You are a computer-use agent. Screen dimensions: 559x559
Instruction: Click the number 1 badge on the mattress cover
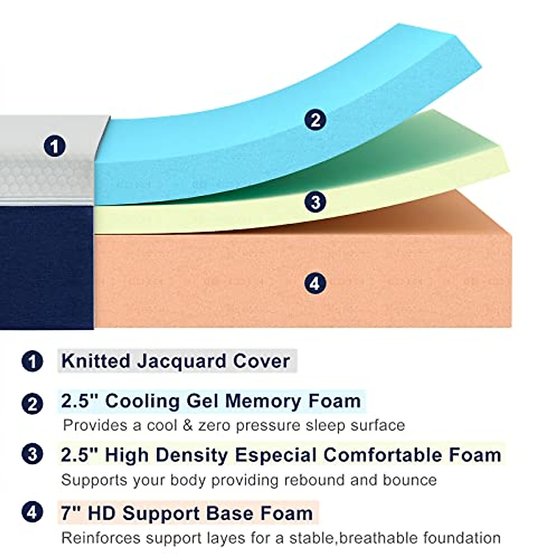[x=55, y=146]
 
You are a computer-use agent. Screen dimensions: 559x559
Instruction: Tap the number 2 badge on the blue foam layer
[x=315, y=120]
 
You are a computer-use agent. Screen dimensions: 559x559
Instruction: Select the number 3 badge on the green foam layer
[x=315, y=202]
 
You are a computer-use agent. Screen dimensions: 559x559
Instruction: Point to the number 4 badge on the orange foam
[x=315, y=283]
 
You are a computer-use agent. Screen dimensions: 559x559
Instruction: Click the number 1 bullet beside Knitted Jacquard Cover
[x=32, y=361]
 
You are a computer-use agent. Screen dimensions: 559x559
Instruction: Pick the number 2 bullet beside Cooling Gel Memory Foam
[x=32, y=403]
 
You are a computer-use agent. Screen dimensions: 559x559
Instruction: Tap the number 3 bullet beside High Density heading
[x=32, y=454]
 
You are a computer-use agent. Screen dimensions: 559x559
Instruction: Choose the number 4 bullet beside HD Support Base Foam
[x=32, y=513]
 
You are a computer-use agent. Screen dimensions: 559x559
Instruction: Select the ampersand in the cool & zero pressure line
[x=187, y=425]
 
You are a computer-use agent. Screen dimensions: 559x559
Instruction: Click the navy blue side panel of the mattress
[x=47, y=268]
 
